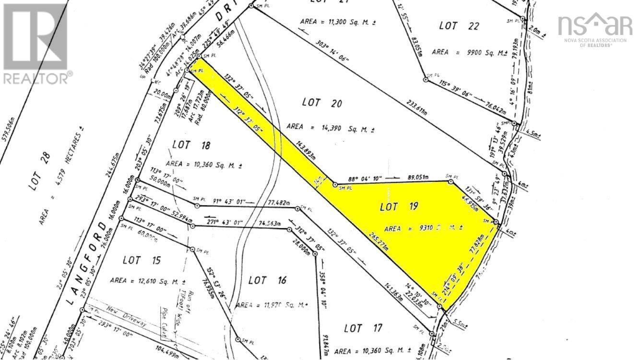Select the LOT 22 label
coord(459,26)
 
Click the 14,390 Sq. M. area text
coord(331,128)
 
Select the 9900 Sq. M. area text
coord(470,52)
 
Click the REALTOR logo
coord(36,43)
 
